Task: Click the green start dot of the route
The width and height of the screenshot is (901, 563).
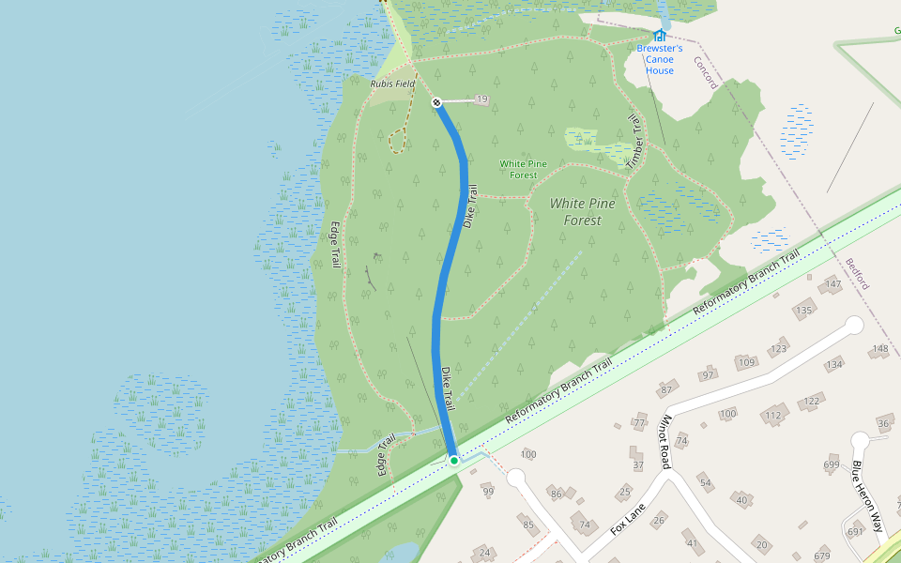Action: (x=454, y=461)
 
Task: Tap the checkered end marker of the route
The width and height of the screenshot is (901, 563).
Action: (x=436, y=102)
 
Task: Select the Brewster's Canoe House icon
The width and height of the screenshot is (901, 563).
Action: (x=659, y=36)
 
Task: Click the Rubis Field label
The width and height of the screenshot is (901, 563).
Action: (x=392, y=84)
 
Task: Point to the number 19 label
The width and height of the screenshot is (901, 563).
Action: (x=482, y=99)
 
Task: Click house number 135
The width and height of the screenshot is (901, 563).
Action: (x=803, y=311)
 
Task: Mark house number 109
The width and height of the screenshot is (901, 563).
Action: (x=747, y=362)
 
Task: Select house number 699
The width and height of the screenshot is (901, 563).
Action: (x=832, y=464)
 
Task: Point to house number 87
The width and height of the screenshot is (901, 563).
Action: (x=667, y=388)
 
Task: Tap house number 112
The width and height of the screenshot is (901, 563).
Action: (x=773, y=416)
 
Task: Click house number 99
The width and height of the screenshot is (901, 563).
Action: (x=487, y=492)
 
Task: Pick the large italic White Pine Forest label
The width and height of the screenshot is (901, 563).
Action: (x=576, y=212)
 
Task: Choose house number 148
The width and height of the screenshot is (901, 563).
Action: (x=879, y=349)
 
